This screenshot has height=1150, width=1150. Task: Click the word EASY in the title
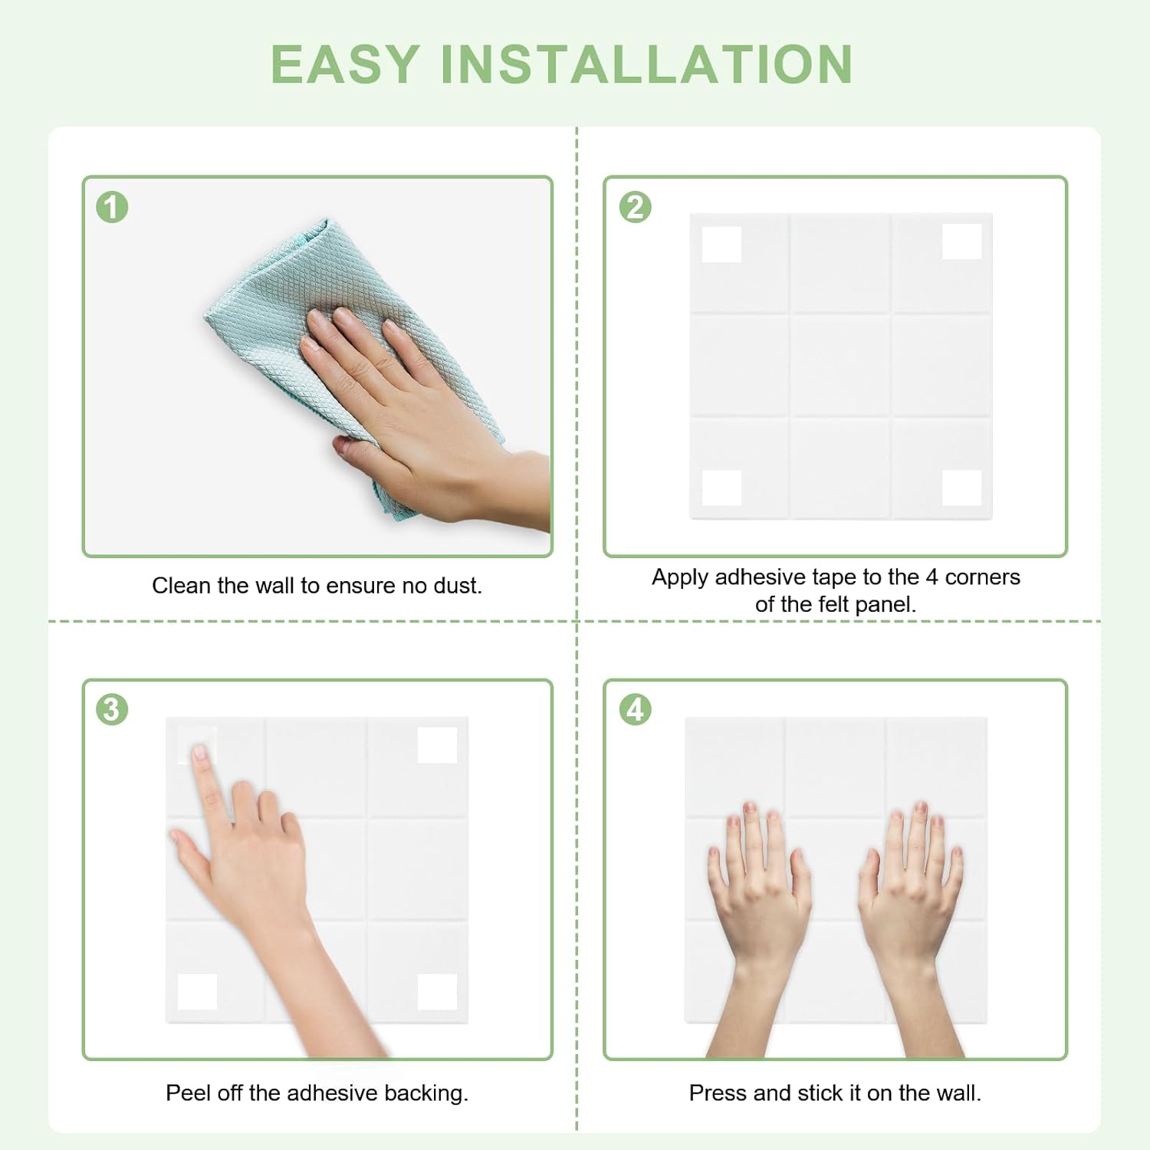tap(345, 64)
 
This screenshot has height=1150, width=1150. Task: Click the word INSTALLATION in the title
tap(646, 64)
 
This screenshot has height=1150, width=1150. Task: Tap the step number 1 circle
tap(112, 207)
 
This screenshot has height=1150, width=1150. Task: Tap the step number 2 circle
tap(636, 207)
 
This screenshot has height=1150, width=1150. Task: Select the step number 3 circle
tap(112, 709)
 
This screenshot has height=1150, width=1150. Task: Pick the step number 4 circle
tap(636, 709)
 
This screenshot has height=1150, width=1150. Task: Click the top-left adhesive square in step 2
tap(721, 244)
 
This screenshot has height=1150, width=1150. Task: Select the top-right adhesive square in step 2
tap(961, 242)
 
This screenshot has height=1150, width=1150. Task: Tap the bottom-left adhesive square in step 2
tap(721, 488)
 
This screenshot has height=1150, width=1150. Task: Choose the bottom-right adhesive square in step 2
tap(961, 488)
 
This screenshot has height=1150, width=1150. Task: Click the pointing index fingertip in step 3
tap(199, 752)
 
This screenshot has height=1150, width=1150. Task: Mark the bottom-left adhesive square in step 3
tap(197, 991)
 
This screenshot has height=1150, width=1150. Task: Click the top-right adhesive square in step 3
tap(437, 745)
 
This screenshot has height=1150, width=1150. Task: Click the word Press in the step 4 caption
tap(718, 1092)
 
